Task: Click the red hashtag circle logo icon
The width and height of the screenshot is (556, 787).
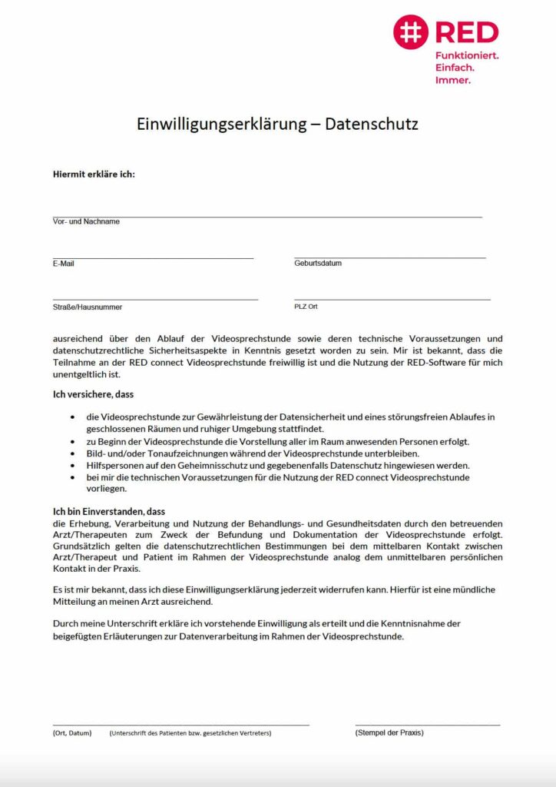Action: (411, 32)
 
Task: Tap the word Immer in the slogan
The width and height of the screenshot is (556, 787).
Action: (453, 80)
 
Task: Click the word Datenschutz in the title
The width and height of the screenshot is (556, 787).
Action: (372, 124)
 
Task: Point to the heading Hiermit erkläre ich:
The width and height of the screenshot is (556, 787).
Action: (94, 174)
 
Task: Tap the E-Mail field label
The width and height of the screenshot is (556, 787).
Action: (64, 264)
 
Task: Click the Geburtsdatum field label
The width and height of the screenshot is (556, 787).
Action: (318, 263)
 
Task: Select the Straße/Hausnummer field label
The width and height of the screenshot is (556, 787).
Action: (88, 307)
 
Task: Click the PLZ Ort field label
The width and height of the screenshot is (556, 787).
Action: (306, 306)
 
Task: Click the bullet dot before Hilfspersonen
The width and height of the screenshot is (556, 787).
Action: (72, 466)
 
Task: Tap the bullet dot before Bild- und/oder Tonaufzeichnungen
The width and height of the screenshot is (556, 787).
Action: (72, 453)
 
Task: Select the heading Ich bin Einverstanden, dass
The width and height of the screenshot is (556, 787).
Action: (109, 511)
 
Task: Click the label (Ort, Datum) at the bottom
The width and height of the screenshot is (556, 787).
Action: (72, 733)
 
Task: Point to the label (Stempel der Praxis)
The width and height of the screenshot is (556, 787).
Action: (389, 732)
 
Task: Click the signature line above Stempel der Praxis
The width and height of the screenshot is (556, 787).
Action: (427, 725)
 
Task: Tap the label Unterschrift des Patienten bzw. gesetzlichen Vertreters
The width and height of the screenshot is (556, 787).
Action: (190, 733)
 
